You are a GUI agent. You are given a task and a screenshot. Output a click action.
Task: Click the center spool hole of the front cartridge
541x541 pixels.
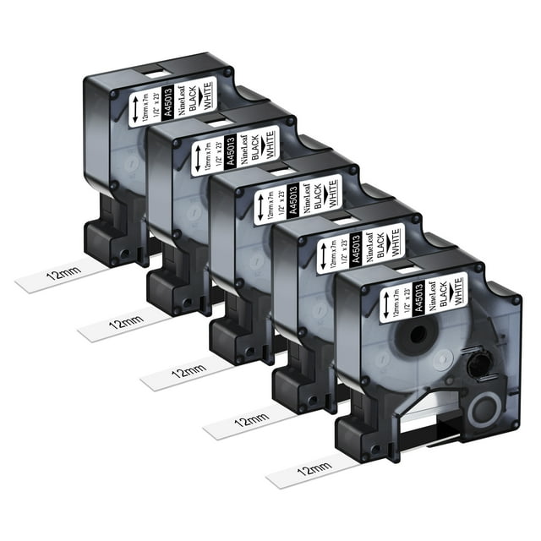(x=420, y=331)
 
